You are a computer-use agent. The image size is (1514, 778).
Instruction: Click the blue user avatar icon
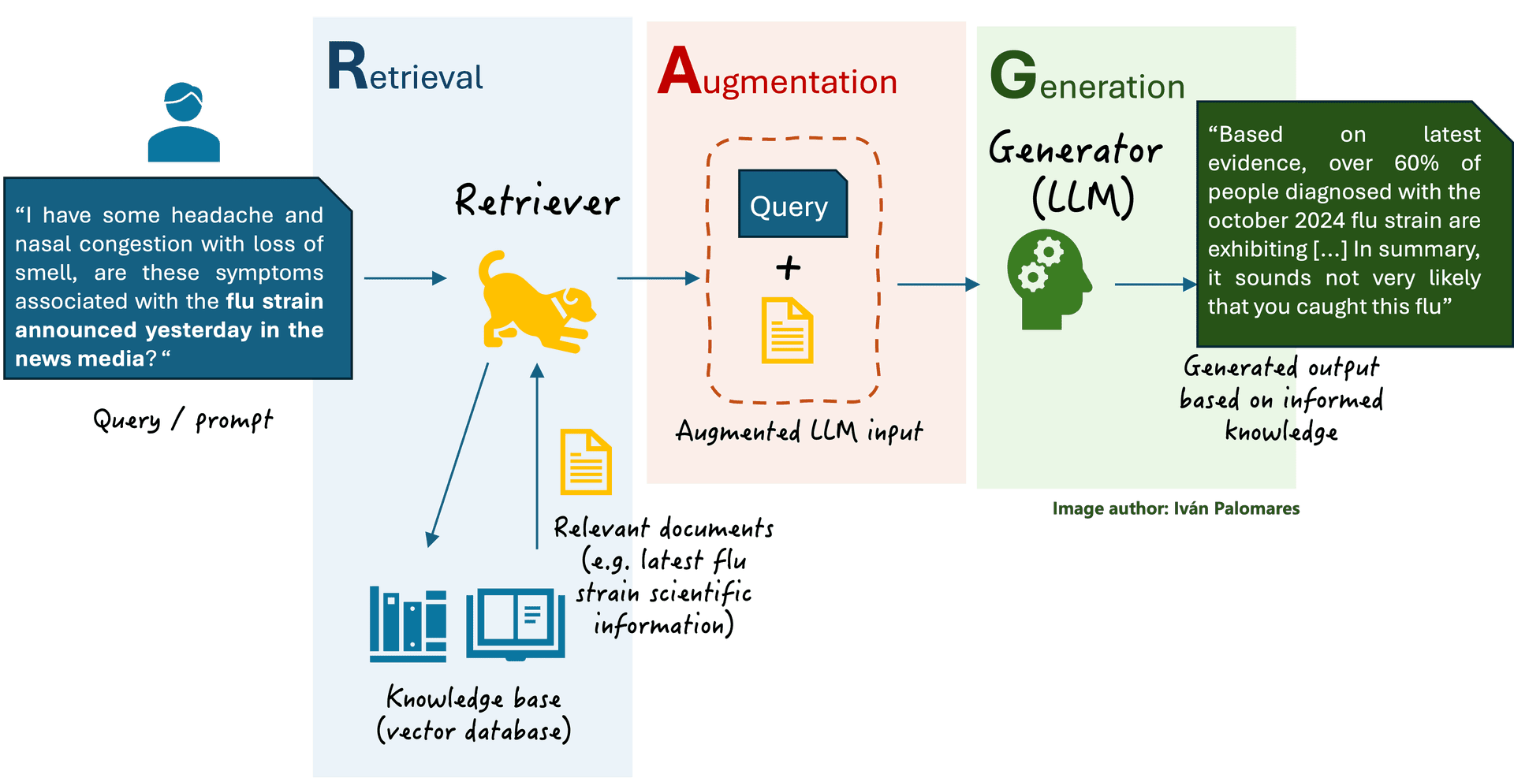(x=184, y=123)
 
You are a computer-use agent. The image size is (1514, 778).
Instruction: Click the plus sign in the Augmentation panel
(x=788, y=268)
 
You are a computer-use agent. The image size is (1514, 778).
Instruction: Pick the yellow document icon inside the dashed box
(x=786, y=331)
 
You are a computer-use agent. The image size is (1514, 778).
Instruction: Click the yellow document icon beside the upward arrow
(x=585, y=462)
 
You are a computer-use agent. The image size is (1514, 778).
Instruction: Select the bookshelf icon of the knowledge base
(x=408, y=624)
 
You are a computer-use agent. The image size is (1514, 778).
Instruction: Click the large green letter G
(x=1012, y=76)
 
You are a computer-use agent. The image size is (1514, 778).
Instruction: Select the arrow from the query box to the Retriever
(x=405, y=278)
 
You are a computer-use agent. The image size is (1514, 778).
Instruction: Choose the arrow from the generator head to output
(x=1154, y=285)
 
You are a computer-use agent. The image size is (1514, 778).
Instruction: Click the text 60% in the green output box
(x=1416, y=163)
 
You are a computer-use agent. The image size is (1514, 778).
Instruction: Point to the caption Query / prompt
(x=183, y=419)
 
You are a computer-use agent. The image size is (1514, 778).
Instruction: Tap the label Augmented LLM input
(x=799, y=431)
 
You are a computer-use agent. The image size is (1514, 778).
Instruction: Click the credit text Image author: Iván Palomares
(x=1175, y=508)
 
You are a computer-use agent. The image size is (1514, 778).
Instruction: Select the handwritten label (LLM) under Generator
(x=1083, y=198)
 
